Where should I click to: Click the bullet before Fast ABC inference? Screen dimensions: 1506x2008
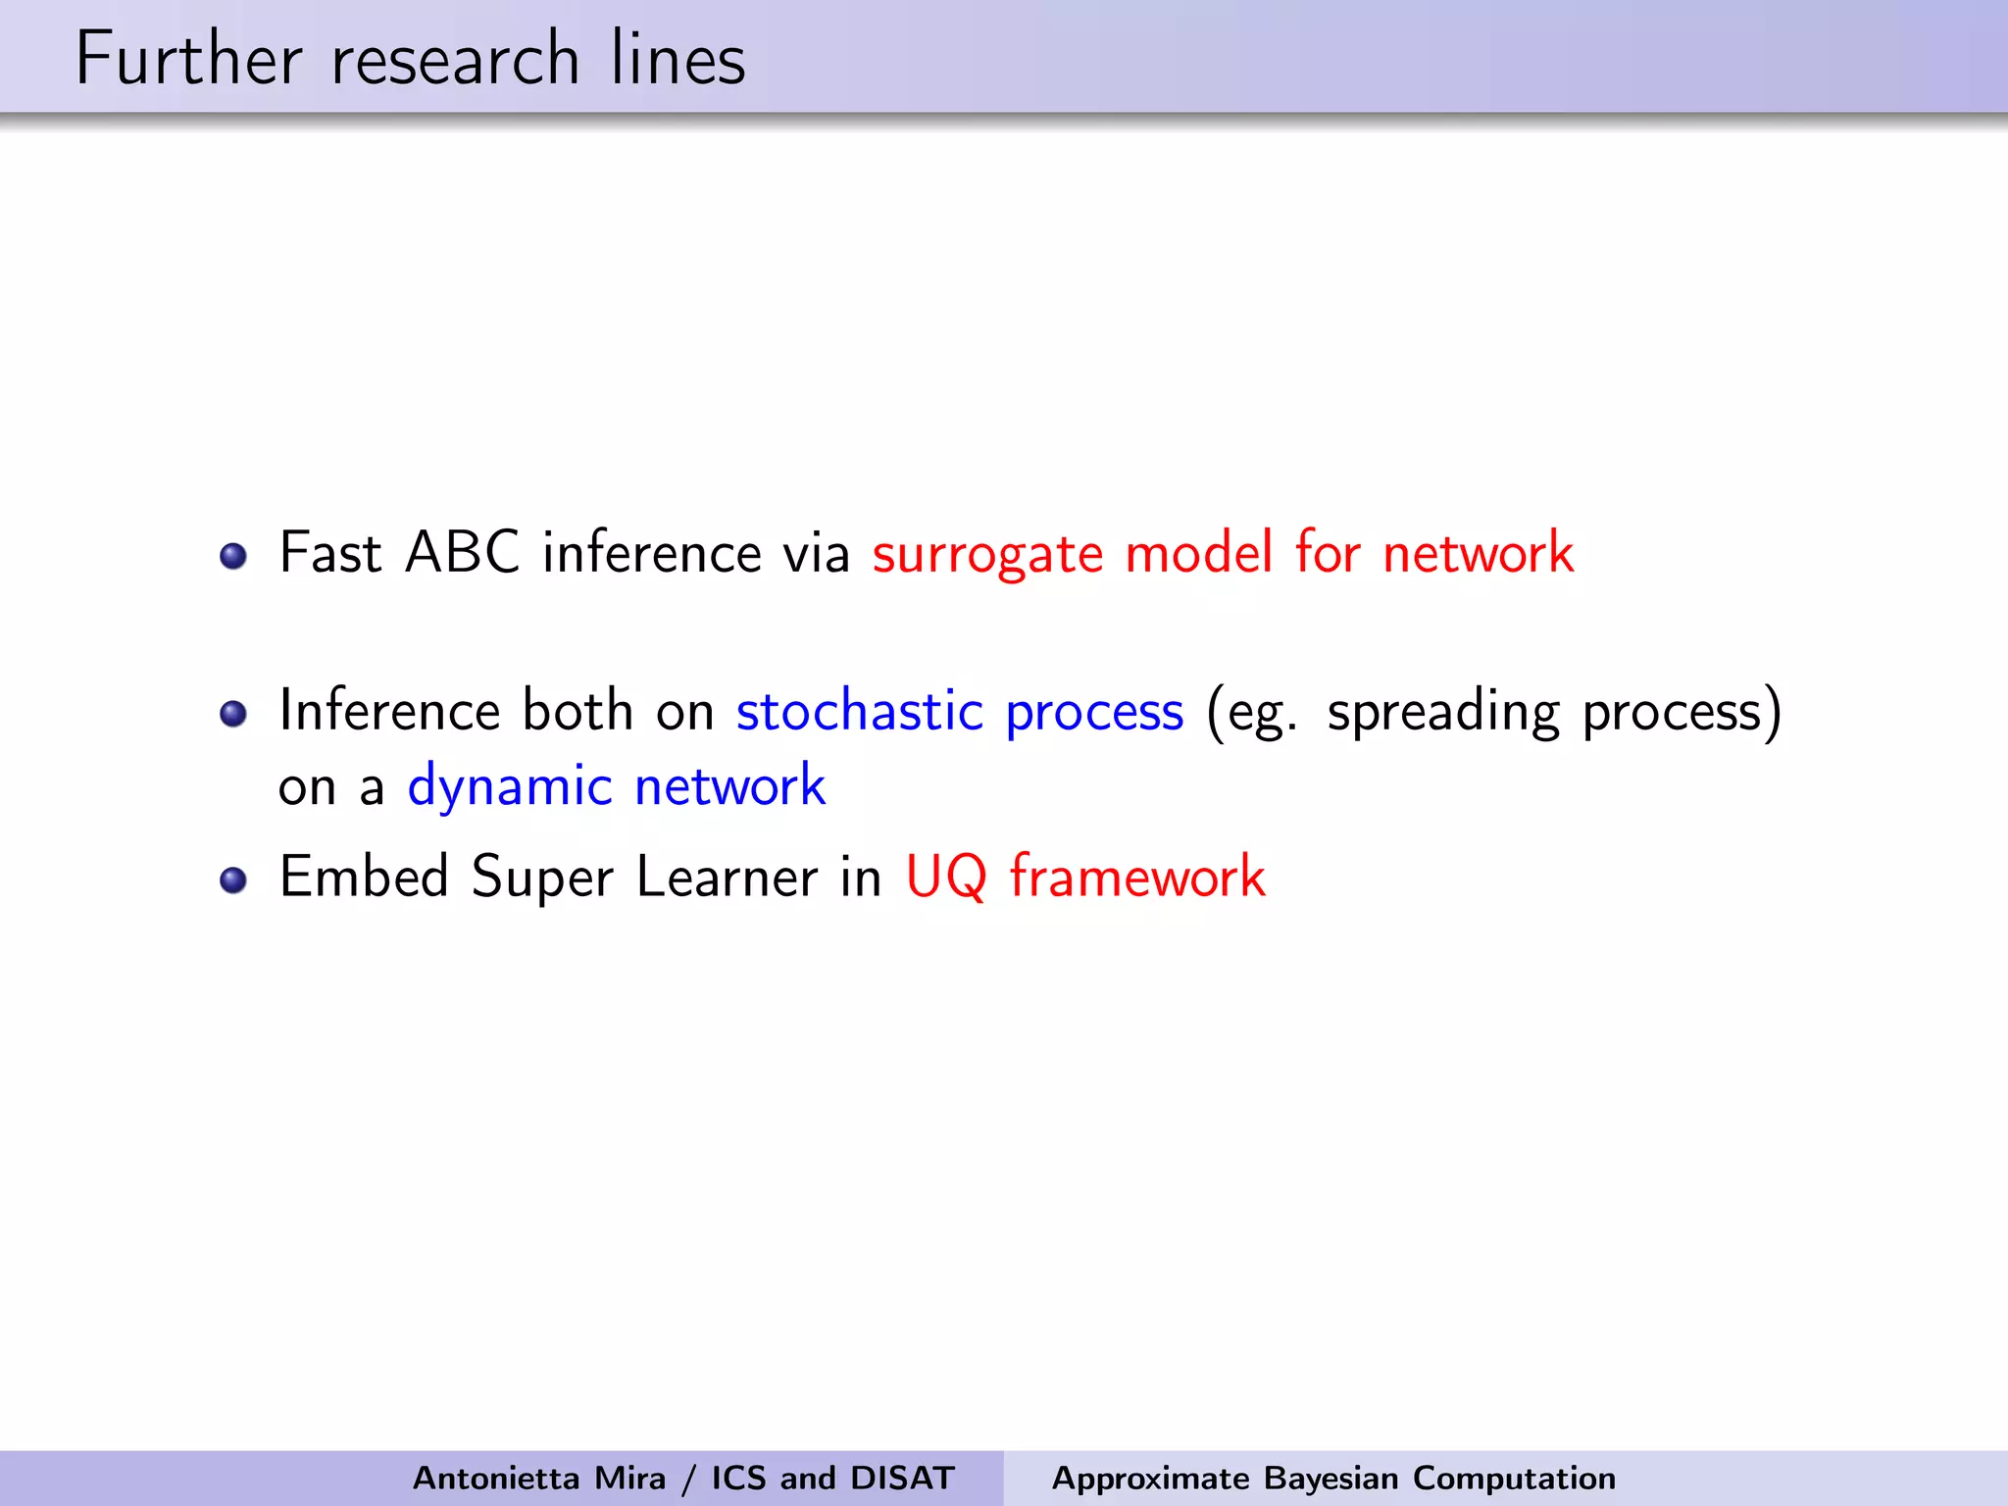[x=233, y=556]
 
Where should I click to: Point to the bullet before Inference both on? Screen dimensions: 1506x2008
[x=233, y=713]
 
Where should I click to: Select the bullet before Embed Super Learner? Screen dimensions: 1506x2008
[x=233, y=879]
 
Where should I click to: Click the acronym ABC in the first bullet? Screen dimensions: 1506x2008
[x=462, y=552]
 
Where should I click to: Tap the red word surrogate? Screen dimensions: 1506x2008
[x=987, y=554]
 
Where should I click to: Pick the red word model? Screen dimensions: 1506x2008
[x=1199, y=552]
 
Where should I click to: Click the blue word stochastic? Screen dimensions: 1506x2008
[x=859, y=711]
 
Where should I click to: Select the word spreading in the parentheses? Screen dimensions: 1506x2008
[x=1442, y=713]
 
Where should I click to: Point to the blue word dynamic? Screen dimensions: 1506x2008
[x=510, y=787]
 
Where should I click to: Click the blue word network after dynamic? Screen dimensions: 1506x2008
[x=729, y=786]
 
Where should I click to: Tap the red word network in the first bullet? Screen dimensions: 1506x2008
[x=1478, y=552]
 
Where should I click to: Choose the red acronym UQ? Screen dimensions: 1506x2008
[x=945, y=877]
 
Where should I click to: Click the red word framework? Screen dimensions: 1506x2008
[x=1137, y=876]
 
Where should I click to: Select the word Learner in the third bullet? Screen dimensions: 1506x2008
[x=727, y=877]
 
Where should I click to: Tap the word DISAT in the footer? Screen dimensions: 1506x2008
[x=902, y=1478]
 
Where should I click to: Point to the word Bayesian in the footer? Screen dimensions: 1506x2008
[x=1330, y=1478]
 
